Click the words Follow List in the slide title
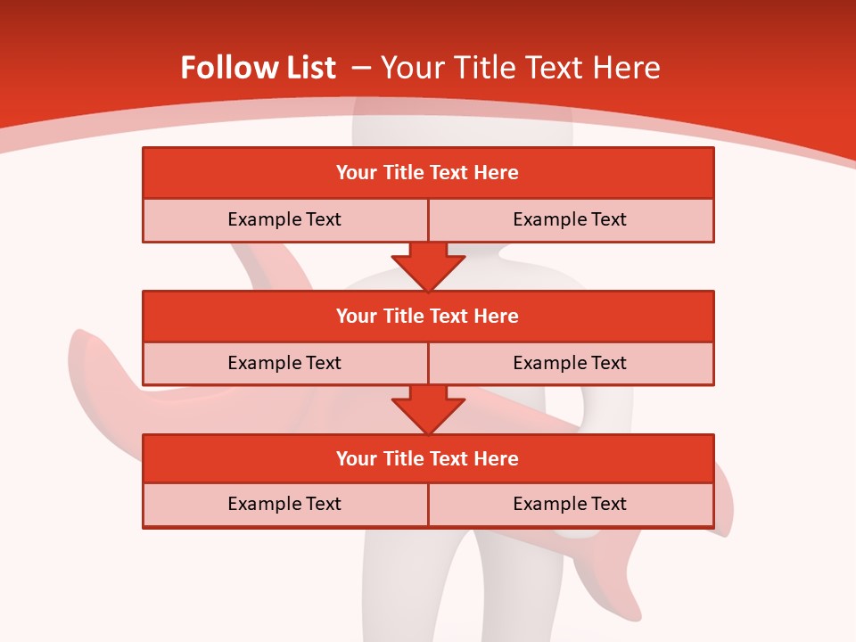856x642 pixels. pos(258,68)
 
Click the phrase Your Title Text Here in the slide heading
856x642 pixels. pos(520,68)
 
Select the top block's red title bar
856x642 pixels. pos(428,173)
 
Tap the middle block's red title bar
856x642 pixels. pos(428,316)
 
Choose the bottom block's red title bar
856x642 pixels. pos(428,458)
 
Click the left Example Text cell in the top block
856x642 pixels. pos(284,219)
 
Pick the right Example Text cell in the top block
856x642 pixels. pos(570,219)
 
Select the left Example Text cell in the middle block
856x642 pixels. pos(284,363)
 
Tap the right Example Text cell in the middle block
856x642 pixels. pos(570,363)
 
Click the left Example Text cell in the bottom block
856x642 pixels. pos(284,504)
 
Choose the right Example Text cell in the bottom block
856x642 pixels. pos(570,504)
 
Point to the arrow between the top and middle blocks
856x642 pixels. pos(428,266)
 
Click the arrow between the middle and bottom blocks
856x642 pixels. pos(428,409)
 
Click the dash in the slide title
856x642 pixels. pos(361,68)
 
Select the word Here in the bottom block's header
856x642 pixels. pos(497,458)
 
